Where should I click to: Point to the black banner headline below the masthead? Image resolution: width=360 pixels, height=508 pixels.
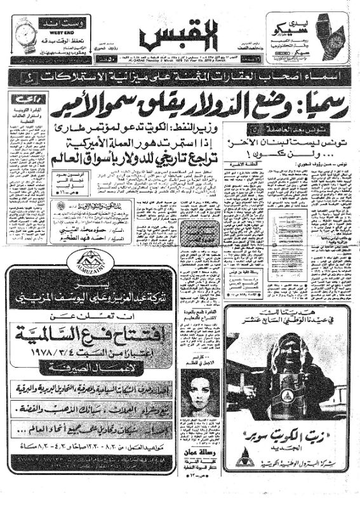pos(180,78)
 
